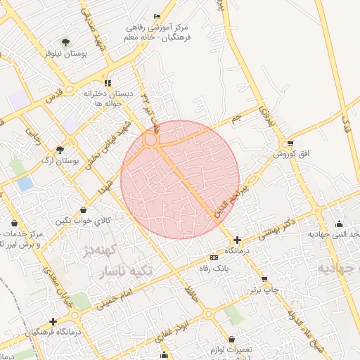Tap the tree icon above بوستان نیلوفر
point(65,42)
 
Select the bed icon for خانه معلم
point(157,17)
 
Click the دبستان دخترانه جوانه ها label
point(108,98)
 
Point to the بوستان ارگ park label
point(58,161)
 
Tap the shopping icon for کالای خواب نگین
point(84,210)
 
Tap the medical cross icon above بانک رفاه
point(237,240)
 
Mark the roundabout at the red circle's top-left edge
point(150,141)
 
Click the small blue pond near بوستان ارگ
point(25,184)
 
